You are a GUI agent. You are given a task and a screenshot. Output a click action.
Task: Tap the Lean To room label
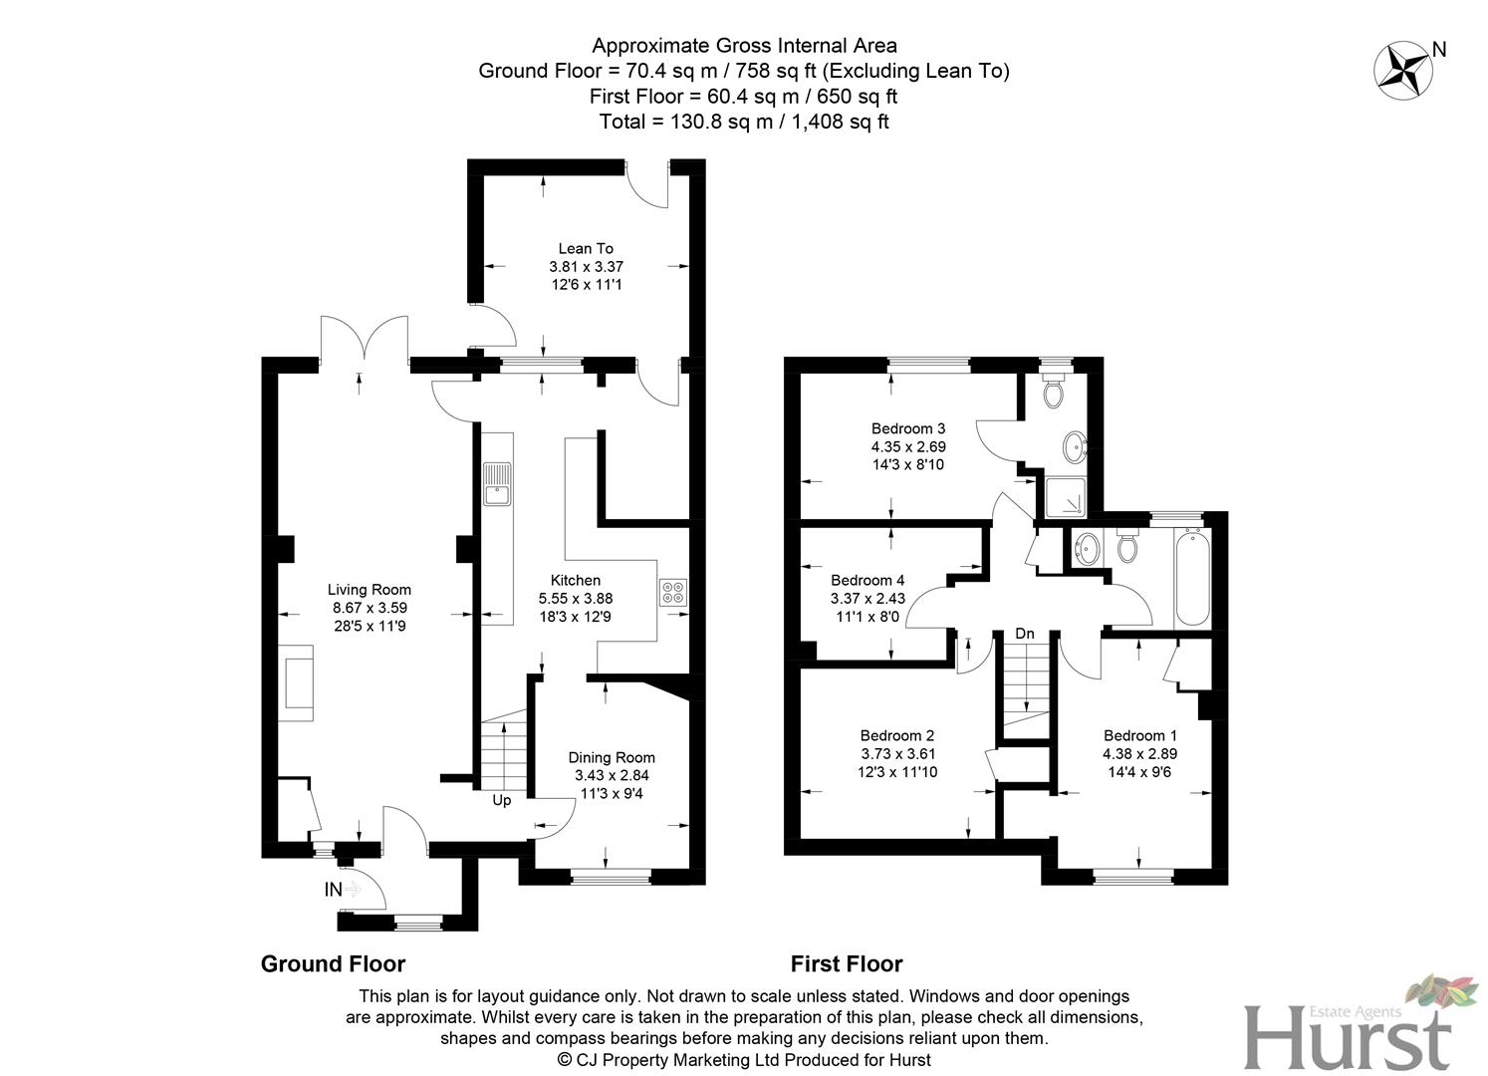point(585,248)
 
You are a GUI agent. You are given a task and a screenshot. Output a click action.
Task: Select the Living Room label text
point(369,590)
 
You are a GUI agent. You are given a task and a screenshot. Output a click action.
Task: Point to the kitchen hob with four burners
point(672,593)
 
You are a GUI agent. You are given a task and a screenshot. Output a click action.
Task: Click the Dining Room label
point(612,757)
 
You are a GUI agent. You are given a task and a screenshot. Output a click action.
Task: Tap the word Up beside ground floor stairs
point(502,800)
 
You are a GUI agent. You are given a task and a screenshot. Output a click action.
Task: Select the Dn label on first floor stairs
point(1024,634)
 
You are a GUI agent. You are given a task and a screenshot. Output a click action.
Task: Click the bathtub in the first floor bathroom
point(1191,578)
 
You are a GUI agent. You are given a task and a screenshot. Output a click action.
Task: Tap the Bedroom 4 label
point(868,580)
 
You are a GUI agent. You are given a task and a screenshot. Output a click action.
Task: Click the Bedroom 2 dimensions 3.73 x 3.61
point(897,754)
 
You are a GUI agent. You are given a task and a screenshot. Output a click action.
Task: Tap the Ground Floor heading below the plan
point(333,963)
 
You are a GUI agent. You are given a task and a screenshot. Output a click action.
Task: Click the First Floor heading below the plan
point(846,963)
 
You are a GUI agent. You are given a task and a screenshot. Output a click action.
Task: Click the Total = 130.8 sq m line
point(743,122)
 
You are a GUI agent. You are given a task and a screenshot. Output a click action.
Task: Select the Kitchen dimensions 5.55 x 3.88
point(576,598)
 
